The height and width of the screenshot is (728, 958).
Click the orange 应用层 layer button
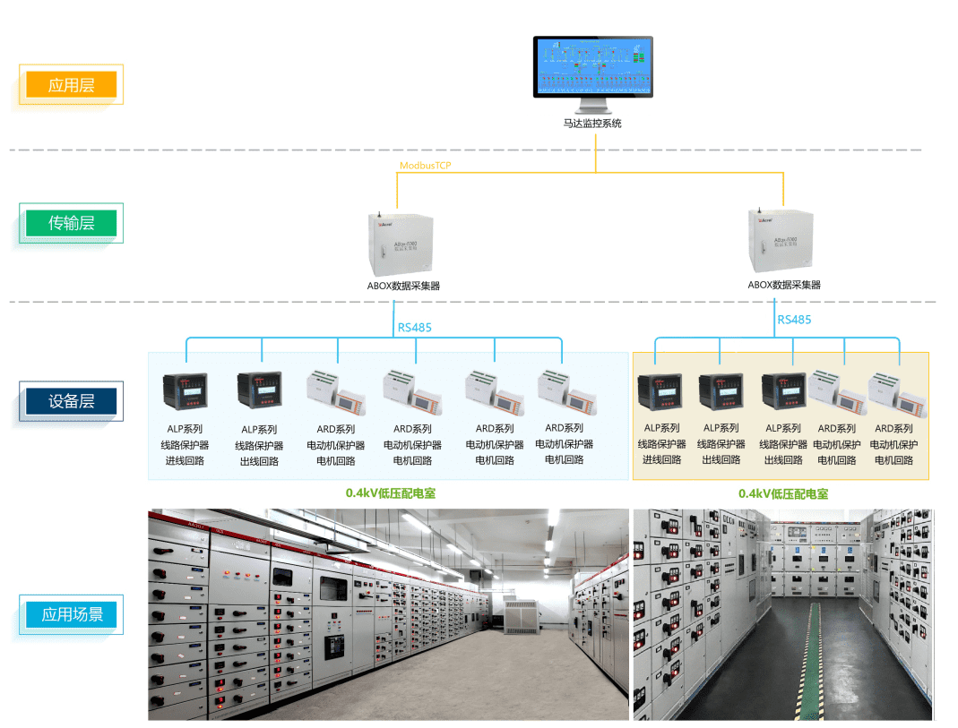click(x=72, y=85)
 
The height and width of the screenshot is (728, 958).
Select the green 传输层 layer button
click(x=72, y=223)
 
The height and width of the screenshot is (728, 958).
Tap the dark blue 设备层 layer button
click(x=72, y=401)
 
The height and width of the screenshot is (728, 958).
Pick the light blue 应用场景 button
click(x=72, y=614)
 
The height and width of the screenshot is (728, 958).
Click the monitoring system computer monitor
click(x=592, y=68)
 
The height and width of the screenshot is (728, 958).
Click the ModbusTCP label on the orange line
click(x=426, y=166)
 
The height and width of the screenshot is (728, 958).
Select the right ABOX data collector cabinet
click(x=783, y=240)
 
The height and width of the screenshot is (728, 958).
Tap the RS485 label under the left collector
click(x=414, y=328)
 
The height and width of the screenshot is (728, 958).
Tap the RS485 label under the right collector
click(x=794, y=320)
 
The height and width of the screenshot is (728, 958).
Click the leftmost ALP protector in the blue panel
click(x=185, y=392)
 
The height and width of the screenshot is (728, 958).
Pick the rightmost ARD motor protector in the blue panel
click(x=563, y=390)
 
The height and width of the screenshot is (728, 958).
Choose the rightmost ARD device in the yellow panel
click(x=896, y=392)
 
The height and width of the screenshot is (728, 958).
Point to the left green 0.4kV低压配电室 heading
click(x=391, y=493)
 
